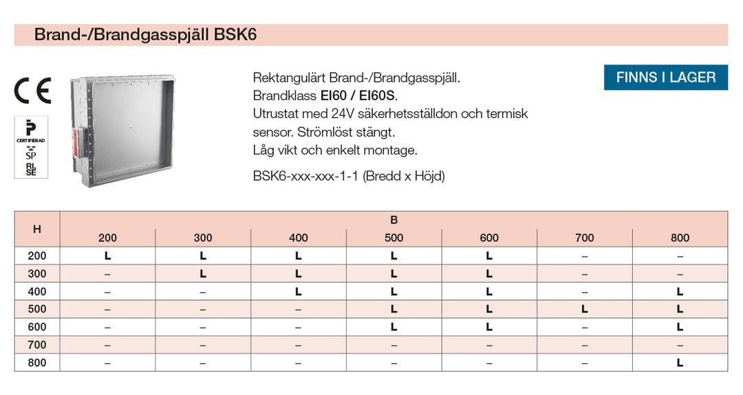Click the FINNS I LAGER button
(665, 78)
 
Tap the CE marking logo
(32, 91)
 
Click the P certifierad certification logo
(30, 131)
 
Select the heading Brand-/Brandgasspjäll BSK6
(145, 35)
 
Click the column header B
(394, 220)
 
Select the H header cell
(37, 229)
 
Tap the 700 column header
(584, 238)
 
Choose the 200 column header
(107, 238)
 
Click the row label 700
(37, 345)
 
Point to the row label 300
(37, 273)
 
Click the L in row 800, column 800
(680, 363)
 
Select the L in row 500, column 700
(584, 309)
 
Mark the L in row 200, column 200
(107, 256)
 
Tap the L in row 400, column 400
(298, 291)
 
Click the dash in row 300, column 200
(107, 273)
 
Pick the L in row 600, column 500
(394, 327)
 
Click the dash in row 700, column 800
(680, 345)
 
